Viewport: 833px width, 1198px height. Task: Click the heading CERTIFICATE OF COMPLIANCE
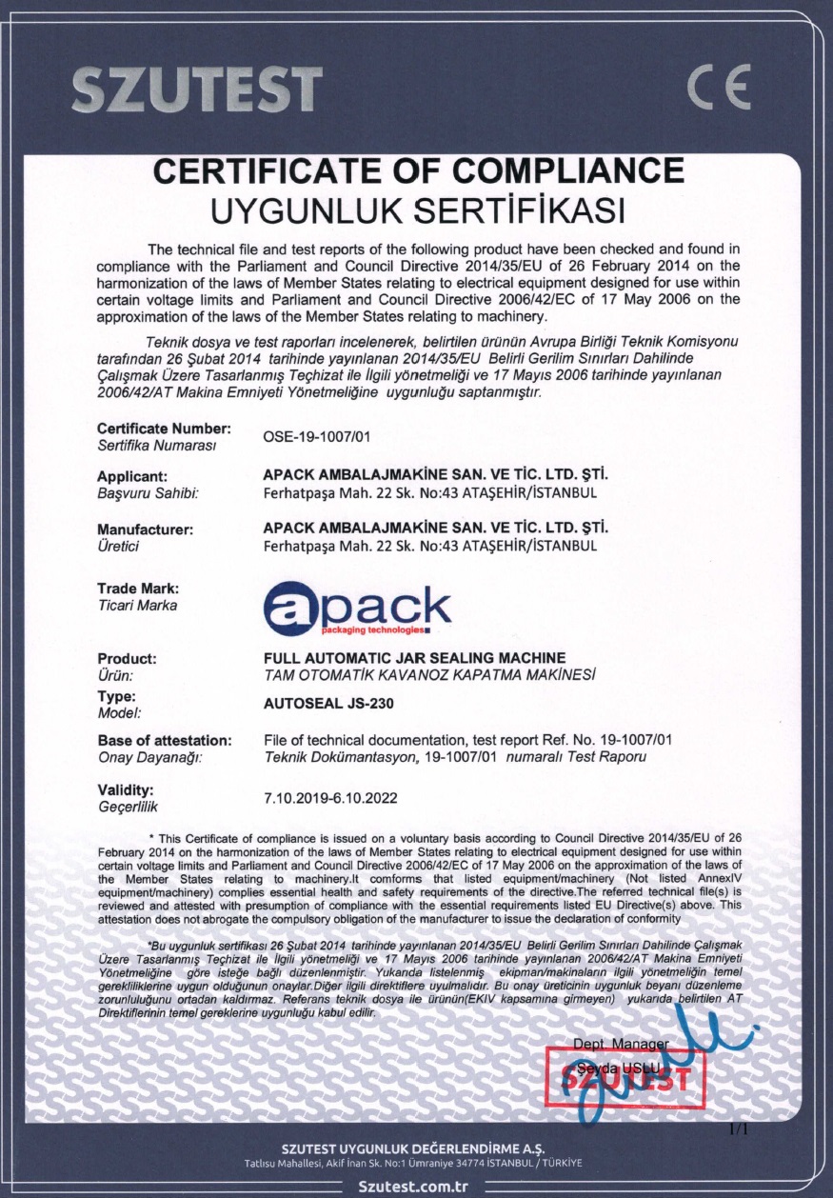tap(419, 171)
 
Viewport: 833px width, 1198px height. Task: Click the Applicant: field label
tap(133, 476)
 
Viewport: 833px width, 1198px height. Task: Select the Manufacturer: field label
tap(146, 529)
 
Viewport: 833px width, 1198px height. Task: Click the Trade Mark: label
tap(138, 589)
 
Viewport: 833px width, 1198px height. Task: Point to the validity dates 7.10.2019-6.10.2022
tap(330, 798)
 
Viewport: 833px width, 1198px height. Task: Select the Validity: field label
tap(126, 790)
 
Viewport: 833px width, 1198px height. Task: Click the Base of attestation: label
tap(165, 740)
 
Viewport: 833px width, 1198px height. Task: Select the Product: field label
tap(128, 659)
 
